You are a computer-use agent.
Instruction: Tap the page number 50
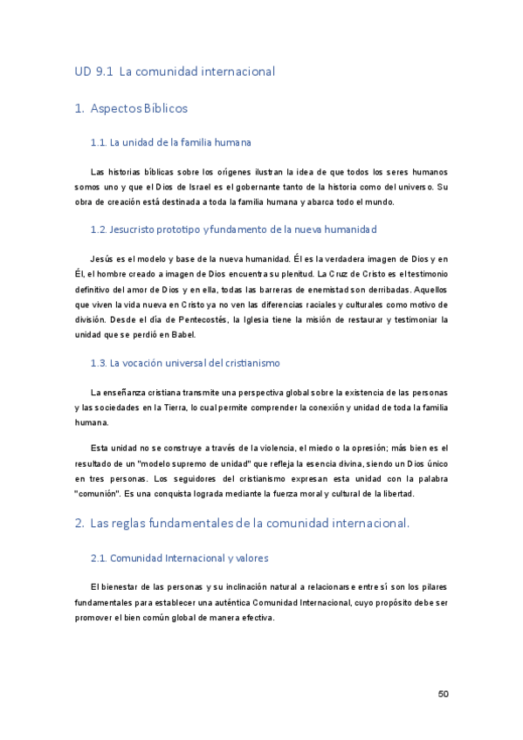(443, 694)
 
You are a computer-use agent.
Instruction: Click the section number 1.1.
(98, 142)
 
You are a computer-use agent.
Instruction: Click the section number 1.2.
(98, 230)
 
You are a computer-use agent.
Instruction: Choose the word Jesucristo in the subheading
(139, 230)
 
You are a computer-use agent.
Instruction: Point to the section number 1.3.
(98, 363)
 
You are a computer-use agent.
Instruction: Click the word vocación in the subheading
(146, 363)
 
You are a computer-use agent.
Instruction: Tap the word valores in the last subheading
(248, 558)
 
